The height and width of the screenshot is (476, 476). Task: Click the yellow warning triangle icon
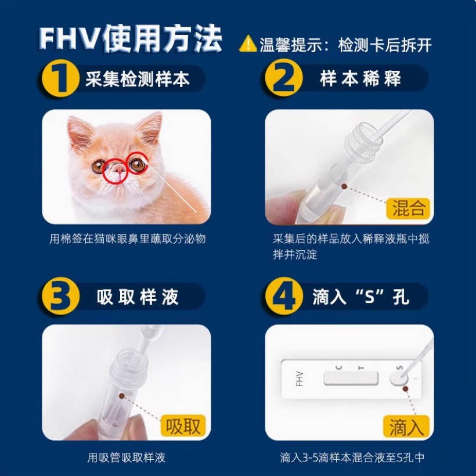click(248, 44)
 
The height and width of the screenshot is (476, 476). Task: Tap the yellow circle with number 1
click(60, 78)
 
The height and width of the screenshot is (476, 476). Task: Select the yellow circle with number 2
click(284, 78)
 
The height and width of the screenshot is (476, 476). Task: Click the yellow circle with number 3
click(60, 296)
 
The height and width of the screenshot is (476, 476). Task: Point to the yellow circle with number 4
click(284, 296)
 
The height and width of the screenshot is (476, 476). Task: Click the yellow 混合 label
click(408, 208)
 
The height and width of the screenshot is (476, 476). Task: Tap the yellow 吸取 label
click(183, 425)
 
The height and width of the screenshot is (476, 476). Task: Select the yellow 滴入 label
click(406, 426)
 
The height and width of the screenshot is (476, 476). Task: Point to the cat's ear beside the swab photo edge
click(149, 128)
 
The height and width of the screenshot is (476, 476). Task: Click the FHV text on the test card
click(300, 378)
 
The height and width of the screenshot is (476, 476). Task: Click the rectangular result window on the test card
click(351, 378)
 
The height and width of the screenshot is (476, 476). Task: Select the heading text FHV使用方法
click(131, 38)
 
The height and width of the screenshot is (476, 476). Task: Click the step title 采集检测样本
click(138, 79)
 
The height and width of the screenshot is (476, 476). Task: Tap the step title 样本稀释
click(360, 78)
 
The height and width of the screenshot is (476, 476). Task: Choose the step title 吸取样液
click(138, 297)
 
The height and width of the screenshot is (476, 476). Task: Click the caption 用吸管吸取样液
click(127, 457)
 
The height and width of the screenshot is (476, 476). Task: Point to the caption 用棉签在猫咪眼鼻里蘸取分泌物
click(128, 239)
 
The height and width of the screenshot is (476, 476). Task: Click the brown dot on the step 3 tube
click(122, 396)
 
